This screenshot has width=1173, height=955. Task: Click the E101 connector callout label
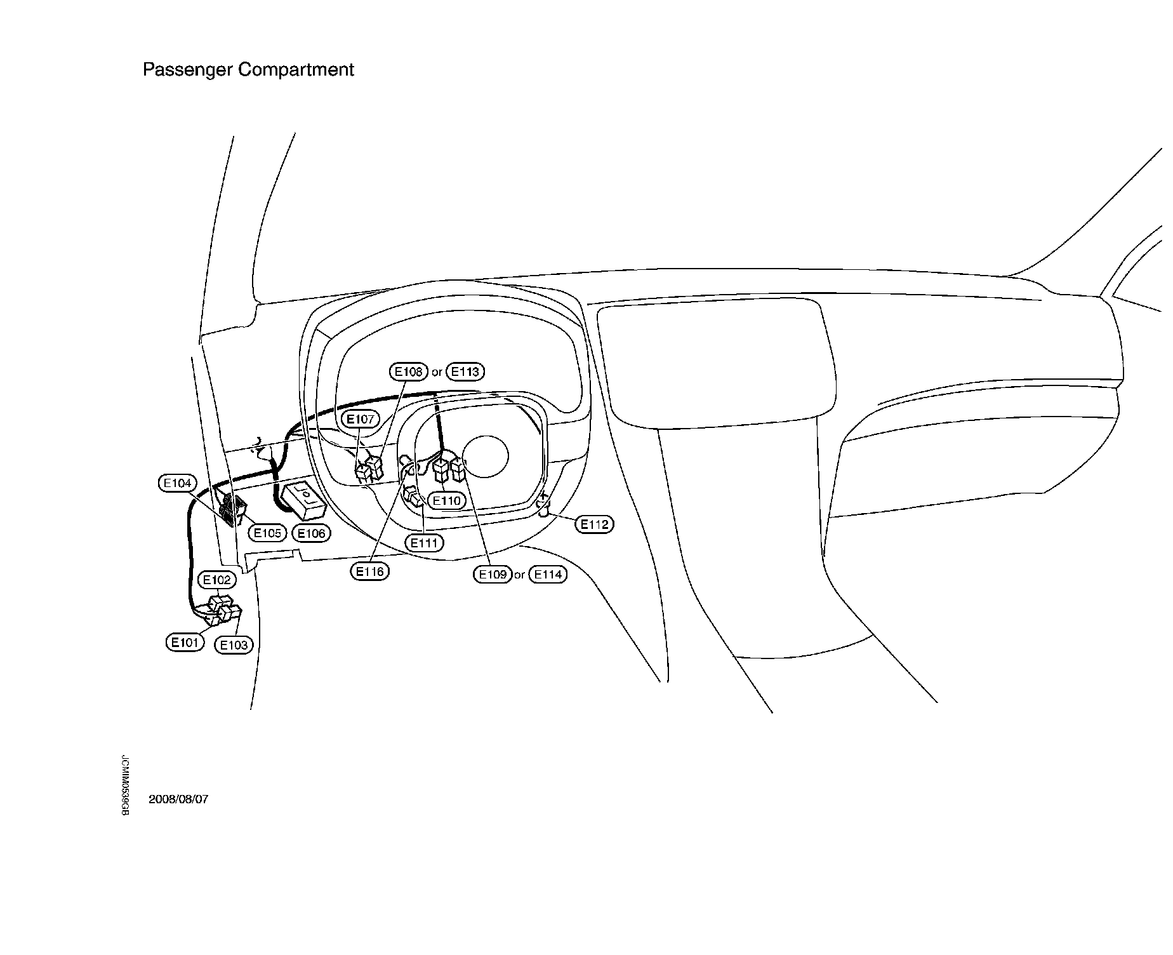[185, 642]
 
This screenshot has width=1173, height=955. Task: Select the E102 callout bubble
[217, 580]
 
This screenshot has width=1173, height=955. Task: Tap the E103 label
[234, 645]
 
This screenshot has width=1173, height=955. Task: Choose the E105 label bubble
[267, 533]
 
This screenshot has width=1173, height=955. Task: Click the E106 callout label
[311, 533]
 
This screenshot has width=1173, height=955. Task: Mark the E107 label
[361, 419]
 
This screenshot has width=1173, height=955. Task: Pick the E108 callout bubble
[408, 371]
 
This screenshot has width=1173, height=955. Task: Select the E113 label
[465, 371]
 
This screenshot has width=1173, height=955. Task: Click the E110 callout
[446, 500]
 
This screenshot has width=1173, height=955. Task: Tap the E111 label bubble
[424, 543]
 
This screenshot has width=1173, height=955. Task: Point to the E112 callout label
[594, 524]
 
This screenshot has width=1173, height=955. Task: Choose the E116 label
[369, 571]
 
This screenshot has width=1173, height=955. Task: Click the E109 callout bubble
[493, 575]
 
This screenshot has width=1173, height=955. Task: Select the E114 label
[548, 575]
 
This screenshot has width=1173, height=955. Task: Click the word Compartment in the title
[296, 69]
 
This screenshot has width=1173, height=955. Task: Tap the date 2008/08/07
[178, 799]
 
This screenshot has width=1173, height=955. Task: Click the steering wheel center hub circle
[486, 457]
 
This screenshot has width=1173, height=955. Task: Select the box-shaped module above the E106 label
[305, 497]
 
